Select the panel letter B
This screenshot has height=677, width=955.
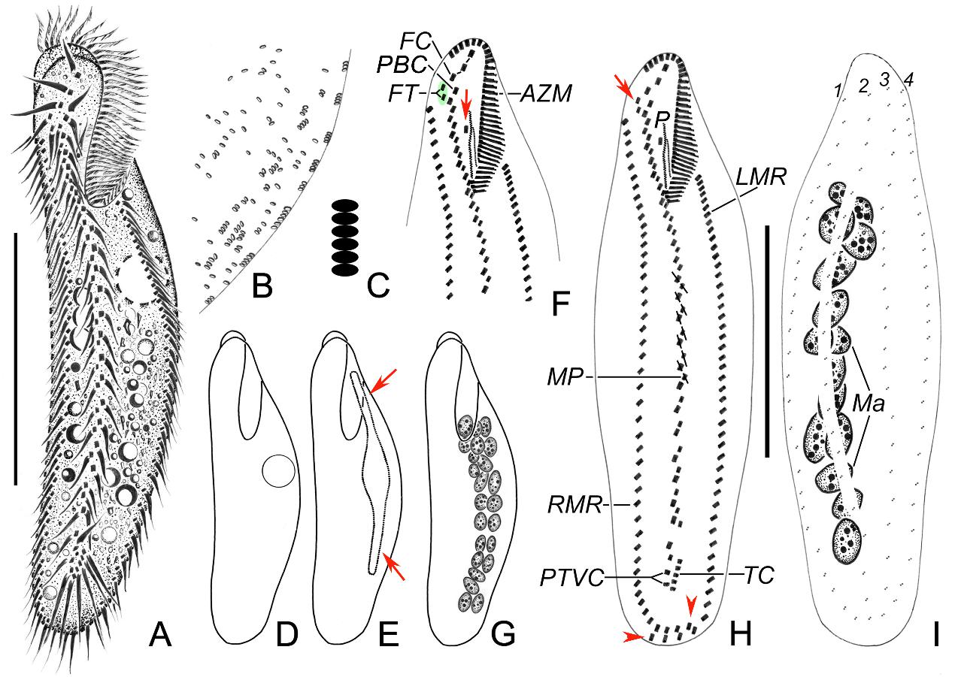coord(261,286)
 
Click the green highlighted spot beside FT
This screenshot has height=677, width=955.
coord(443,93)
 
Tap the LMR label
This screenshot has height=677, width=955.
coord(762,179)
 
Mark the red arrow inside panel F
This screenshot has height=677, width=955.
coord(466,101)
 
